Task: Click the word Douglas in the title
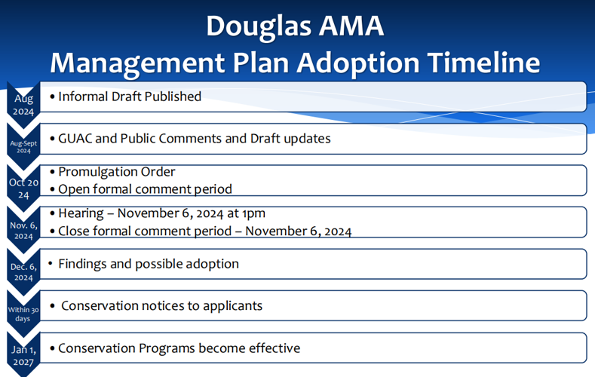253,26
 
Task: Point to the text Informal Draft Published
129,97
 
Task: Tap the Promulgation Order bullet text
116,173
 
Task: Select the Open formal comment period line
145,189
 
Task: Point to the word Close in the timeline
74,231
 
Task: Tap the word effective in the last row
273,348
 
